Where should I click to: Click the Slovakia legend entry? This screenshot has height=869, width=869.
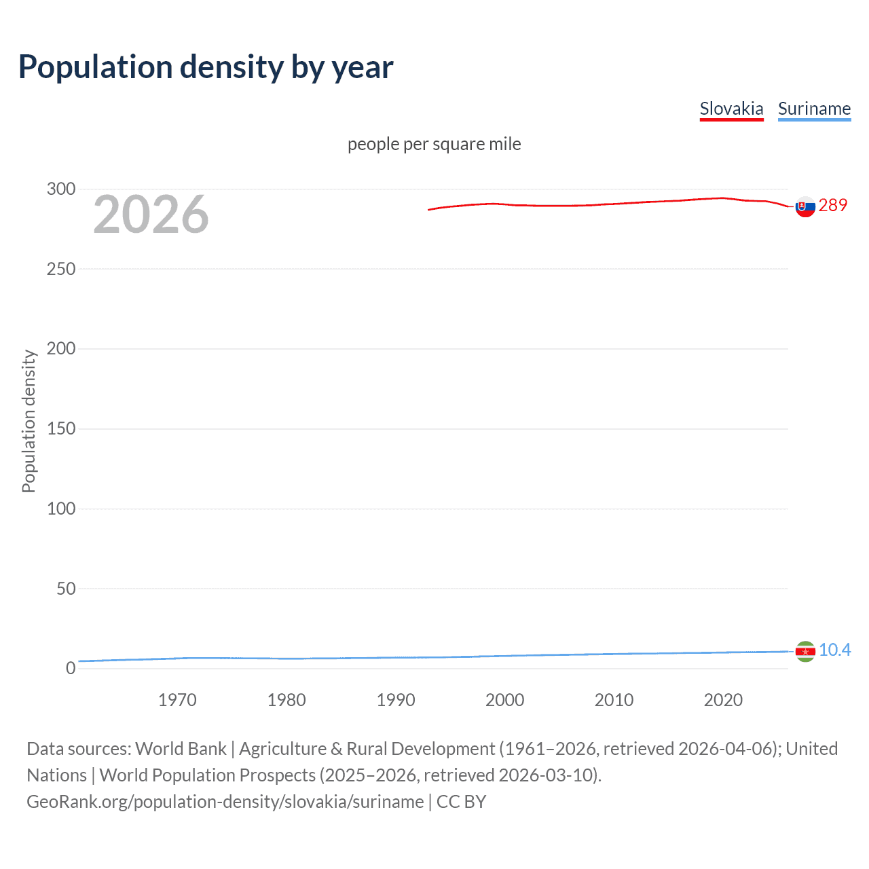click(731, 109)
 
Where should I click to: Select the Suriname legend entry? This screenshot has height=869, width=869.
click(814, 109)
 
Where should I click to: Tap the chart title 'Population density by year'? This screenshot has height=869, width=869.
click(206, 67)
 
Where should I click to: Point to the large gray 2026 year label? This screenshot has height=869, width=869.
click(151, 215)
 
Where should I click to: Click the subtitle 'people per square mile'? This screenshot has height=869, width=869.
click(434, 144)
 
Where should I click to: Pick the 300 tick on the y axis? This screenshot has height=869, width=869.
click(61, 189)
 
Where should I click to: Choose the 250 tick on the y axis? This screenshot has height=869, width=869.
click(61, 269)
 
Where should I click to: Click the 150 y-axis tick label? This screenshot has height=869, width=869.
click(61, 428)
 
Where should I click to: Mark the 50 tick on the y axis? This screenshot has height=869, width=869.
click(66, 589)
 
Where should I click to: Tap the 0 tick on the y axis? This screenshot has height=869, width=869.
click(71, 668)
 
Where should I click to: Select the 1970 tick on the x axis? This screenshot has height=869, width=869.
click(177, 700)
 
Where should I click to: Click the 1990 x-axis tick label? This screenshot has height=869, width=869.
click(396, 700)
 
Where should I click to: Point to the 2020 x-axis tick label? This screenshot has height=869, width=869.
click(723, 700)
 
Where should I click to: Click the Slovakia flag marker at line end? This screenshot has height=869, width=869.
click(805, 207)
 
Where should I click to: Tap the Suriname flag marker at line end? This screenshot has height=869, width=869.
click(805, 652)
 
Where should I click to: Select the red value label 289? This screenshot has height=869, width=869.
click(833, 205)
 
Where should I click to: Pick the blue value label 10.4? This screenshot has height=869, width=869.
click(834, 650)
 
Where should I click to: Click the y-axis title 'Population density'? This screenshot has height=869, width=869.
click(29, 421)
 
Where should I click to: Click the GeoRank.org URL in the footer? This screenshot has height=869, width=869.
click(225, 802)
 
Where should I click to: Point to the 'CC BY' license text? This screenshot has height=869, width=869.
click(461, 802)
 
